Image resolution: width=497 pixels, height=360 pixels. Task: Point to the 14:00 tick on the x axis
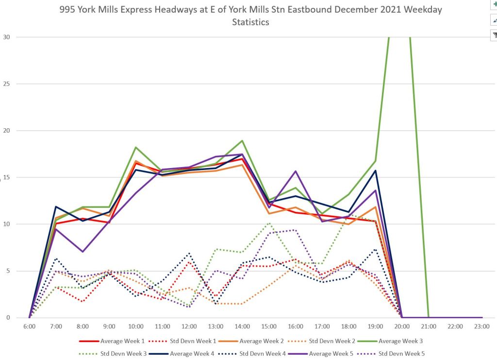click(242, 326)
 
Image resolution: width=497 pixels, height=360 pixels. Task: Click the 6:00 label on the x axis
click(29, 326)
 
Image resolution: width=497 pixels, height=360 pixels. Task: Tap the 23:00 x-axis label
click(481, 326)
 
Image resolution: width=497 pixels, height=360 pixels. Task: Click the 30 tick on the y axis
click(6, 37)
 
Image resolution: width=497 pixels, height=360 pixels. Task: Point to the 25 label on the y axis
click(6, 84)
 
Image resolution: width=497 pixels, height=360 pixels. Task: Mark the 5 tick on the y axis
click(7, 271)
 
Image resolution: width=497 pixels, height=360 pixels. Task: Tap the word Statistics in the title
click(250, 22)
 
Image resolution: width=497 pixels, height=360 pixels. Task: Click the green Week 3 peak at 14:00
click(242, 141)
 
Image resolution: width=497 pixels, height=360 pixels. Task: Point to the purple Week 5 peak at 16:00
click(295, 171)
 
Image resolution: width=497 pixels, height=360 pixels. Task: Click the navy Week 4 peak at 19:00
click(375, 171)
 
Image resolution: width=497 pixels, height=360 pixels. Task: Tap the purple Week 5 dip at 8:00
click(83, 252)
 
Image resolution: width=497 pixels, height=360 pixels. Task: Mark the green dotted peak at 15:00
click(269, 223)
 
